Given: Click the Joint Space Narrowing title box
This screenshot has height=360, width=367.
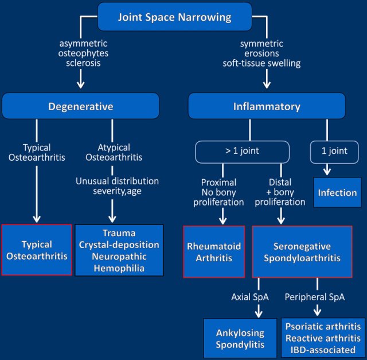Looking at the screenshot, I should [x=175, y=16].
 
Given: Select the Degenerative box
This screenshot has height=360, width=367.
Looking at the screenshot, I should [x=80, y=107].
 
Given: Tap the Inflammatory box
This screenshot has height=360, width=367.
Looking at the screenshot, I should [x=267, y=107].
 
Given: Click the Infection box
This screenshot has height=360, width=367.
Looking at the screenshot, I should [x=337, y=193].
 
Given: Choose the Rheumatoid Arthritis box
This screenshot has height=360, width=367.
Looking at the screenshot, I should [x=214, y=251].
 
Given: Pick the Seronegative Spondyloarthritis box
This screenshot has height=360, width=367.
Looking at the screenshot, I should [x=302, y=251].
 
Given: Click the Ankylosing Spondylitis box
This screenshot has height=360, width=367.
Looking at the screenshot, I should [x=240, y=338].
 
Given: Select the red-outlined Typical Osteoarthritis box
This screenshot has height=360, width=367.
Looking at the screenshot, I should [x=37, y=250].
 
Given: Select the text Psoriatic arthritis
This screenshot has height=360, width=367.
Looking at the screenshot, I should [x=325, y=325].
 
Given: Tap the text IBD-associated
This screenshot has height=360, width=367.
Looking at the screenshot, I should [x=325, y=349].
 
